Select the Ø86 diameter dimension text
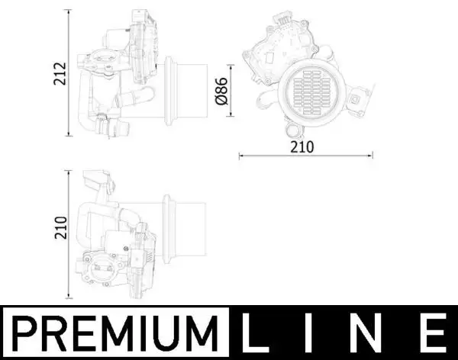coord(222,91)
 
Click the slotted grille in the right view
coord(308,92)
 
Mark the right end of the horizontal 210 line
coord(373,156)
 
